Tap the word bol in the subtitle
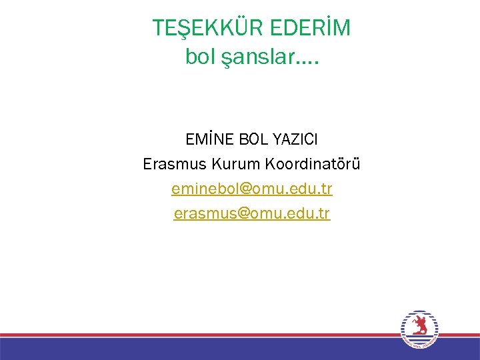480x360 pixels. [x=198, y=58]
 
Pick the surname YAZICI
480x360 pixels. [x=293, y=140]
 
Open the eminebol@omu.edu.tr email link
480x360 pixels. [x=251, y=189]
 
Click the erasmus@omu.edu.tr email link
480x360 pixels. [x=251, y=214]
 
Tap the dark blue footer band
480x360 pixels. [x=200, y=350]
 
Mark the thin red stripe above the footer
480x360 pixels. [x=200, y=335]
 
